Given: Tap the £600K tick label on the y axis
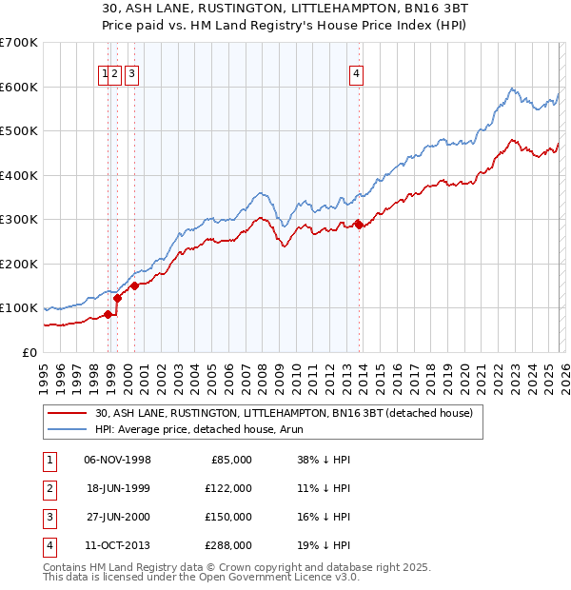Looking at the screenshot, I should click(x=19, y=87).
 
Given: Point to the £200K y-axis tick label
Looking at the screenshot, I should click(x=19, y=264).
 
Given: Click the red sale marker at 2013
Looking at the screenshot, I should click(x=359, y=225).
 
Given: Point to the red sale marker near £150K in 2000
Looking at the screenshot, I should click(x=135, y=285).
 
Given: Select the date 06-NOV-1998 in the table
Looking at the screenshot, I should click(x=117, y=459).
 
